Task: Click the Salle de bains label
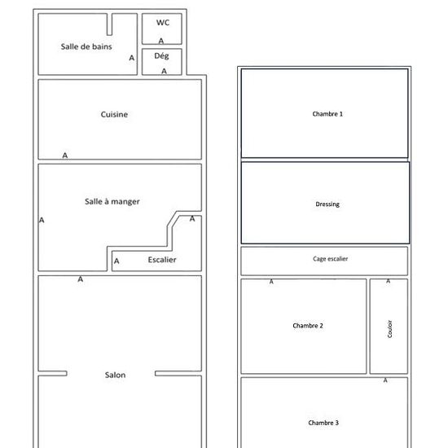(86, 46)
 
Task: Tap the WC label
(163, 23)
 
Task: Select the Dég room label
(161, 56)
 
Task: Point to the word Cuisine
(114, 114)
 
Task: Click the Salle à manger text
(112, 201)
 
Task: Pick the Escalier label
(162, 260)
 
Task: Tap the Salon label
(115, 375)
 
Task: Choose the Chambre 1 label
(327, 114)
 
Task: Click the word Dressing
(327, 204)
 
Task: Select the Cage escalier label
(330, 259)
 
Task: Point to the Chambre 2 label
(308, 326)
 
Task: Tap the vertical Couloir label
(389, 329)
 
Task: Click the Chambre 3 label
(323, 423)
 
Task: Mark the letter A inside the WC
(161, 42)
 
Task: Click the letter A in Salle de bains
(131, 58)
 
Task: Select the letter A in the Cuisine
(65, 156)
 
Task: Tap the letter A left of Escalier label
(116, 261)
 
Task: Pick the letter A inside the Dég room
(164, 71)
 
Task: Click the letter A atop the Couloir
(388, 281)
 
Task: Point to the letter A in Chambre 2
(271, 282)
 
